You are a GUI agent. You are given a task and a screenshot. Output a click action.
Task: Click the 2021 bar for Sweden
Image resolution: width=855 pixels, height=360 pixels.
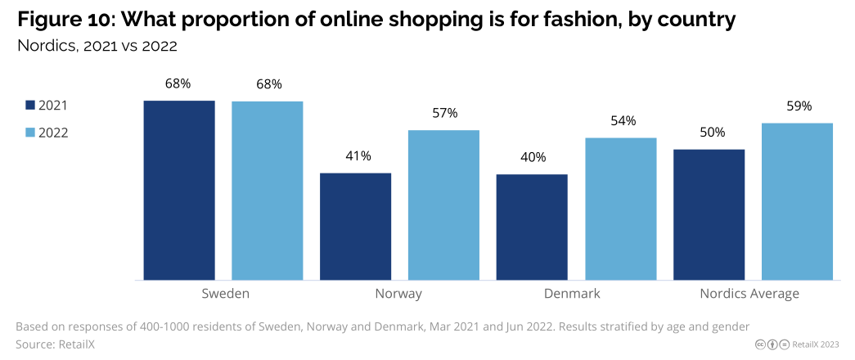coord(179,190)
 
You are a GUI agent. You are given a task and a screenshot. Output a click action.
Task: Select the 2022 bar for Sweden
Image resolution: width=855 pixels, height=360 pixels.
coord(268,191)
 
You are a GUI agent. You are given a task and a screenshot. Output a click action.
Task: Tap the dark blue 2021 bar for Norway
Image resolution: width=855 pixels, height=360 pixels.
coord(355,227)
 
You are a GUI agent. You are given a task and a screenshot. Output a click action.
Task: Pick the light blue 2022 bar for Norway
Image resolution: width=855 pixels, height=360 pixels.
coord(443,205)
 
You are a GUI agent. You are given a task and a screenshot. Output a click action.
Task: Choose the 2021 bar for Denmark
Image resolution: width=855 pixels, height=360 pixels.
coord(532,227)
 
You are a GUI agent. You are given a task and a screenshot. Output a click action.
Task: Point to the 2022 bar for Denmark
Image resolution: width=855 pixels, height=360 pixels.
coord(621,209)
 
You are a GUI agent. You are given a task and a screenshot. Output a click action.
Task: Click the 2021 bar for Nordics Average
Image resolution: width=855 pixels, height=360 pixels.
coord(709,214)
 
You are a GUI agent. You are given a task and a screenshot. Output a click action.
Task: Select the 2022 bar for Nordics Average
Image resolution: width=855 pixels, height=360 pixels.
coord(797,201)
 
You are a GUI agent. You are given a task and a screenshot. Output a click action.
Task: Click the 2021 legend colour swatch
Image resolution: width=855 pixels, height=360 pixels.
coord(30,106)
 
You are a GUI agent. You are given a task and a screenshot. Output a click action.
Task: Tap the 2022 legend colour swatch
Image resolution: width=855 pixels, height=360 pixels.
coord(30,133)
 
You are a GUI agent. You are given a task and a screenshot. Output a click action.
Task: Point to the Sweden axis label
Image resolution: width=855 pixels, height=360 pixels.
coord(225,294)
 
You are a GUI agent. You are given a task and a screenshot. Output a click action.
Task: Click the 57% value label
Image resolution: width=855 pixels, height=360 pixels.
coord(444,113)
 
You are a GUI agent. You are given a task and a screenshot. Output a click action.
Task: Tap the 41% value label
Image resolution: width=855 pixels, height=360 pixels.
coord(356,155)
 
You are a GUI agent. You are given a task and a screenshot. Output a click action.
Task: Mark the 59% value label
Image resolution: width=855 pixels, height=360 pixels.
coord(798,106)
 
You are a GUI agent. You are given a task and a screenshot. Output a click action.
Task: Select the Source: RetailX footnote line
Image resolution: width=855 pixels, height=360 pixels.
coord(55,344)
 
